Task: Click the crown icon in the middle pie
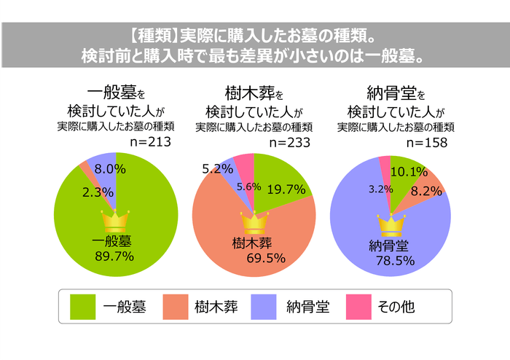point(254,221)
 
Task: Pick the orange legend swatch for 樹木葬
point(173,307)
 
